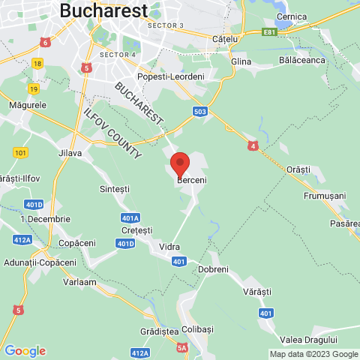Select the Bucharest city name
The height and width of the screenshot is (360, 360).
[x=103, y=10]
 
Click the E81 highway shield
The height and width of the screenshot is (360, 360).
[x=270, y=33]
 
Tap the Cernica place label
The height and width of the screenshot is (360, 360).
[x=292, y=16]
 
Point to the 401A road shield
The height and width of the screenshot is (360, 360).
[x=130, y=218]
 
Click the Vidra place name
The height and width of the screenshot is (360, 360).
[x=169, y=245]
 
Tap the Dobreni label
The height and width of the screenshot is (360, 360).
[x=212, y=268]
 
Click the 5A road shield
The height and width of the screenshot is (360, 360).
[x=182, y=347]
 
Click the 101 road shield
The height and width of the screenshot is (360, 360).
[x=20, y=152]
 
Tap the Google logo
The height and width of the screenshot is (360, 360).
[x=25, y=351]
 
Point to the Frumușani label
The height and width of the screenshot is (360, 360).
[x=325, y=195]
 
